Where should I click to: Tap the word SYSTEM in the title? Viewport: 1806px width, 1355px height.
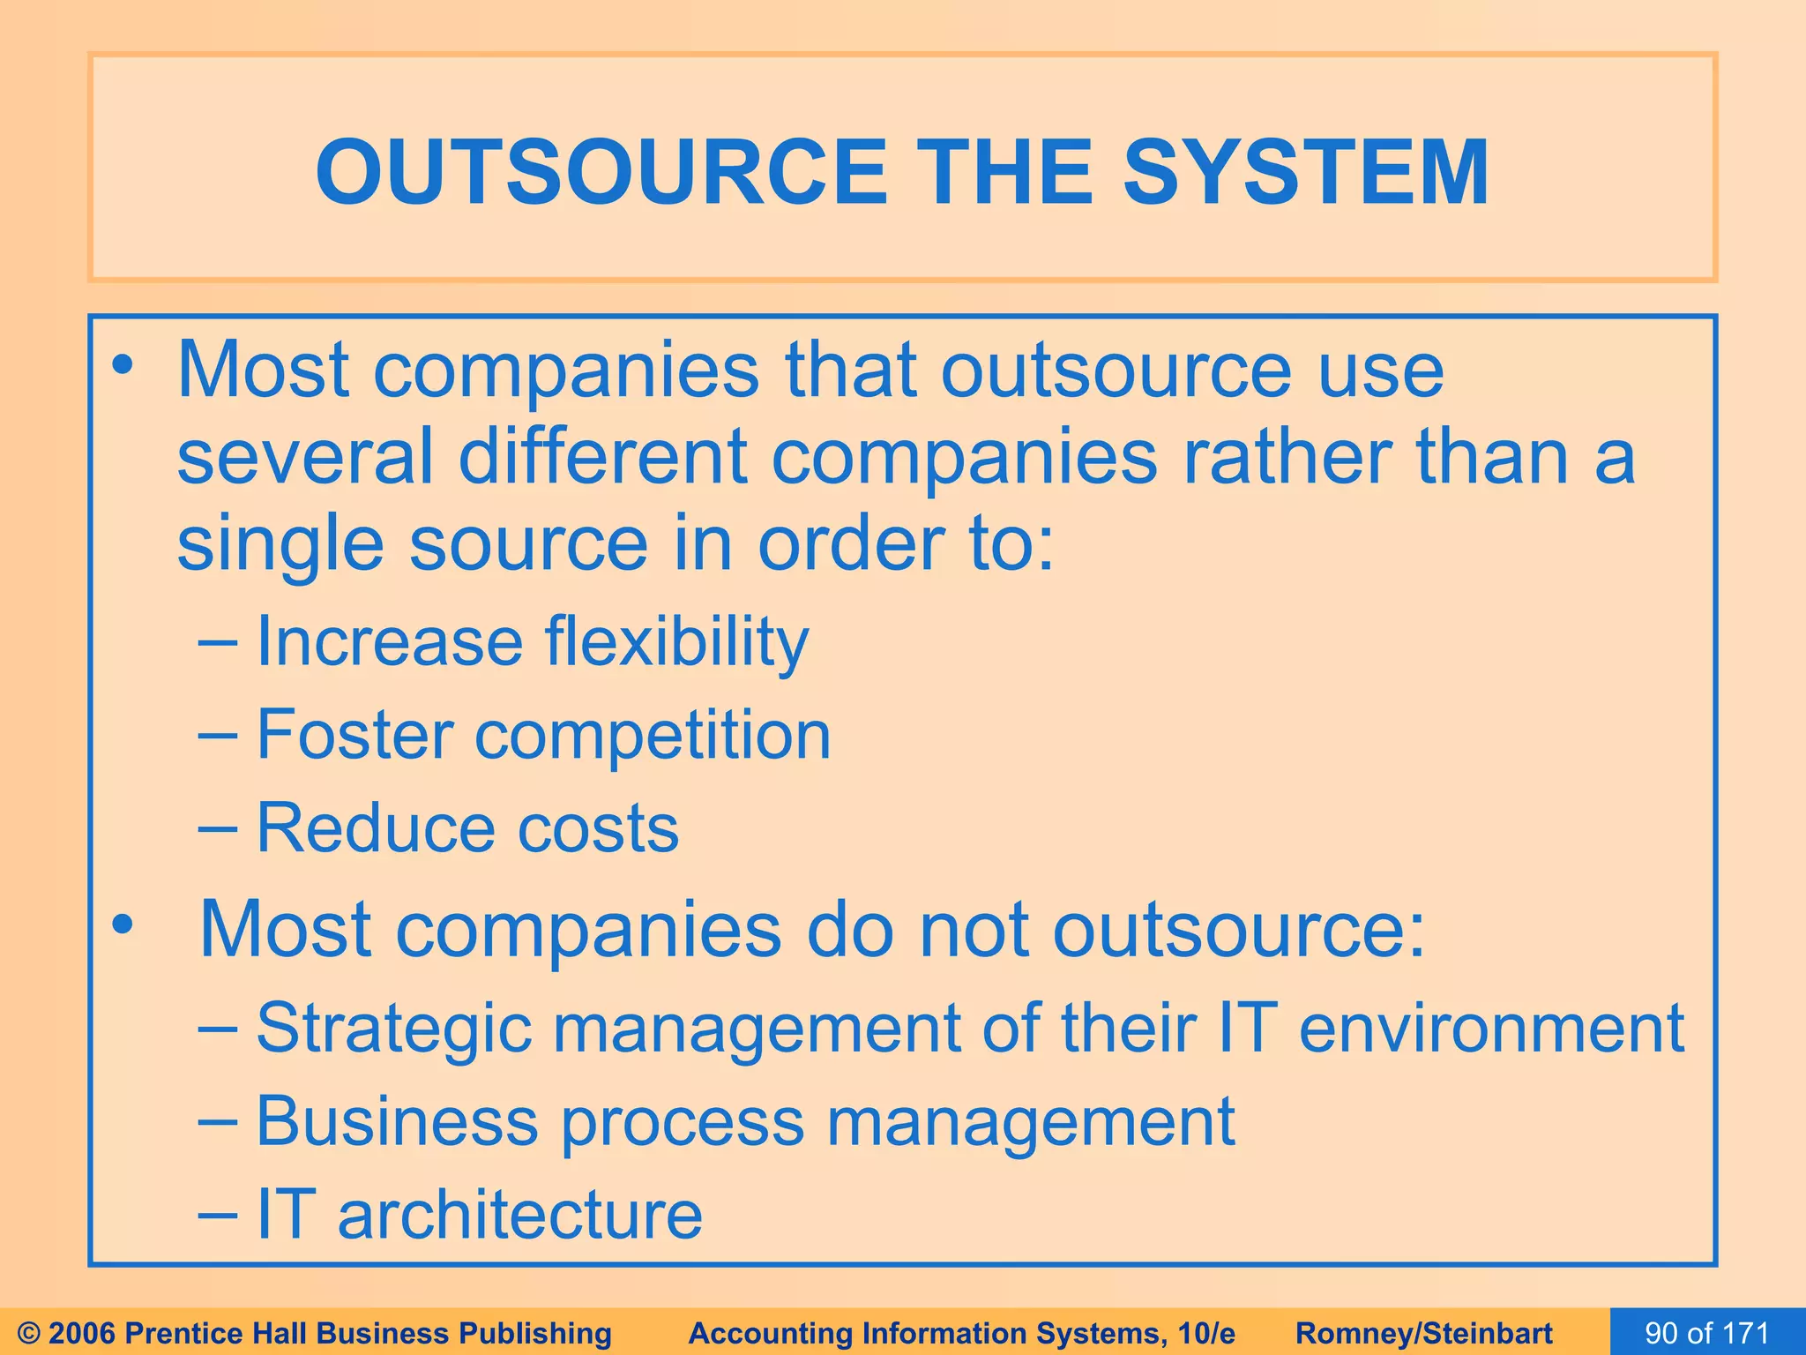coord(1305,173)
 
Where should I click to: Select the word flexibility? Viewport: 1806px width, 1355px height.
coord(676,643)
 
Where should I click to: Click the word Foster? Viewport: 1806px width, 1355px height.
coord(354,735)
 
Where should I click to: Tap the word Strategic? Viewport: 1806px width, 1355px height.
coord(394,1029)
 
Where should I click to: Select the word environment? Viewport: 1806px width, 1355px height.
coord(1492,1029)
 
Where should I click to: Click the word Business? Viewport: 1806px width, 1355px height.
coord(397,1121)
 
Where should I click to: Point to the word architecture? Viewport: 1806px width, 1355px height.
coord(520,1215)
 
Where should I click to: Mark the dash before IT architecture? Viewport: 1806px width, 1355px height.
coord(217,1215)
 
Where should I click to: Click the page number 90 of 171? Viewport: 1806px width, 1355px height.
coord(1707,1332)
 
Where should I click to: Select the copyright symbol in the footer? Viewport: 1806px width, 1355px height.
coord(29,1333)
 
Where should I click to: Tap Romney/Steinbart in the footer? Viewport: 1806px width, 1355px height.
coord(1424,1333)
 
